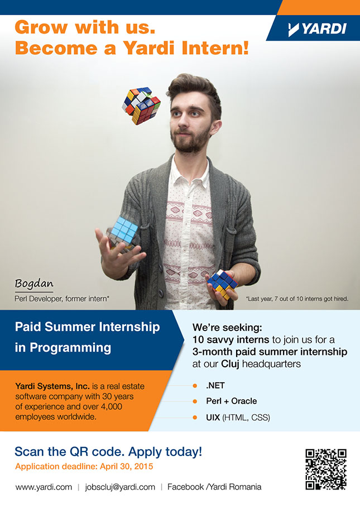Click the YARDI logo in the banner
(x=317, y=29)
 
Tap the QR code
(x=326, y=469)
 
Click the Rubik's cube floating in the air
(x=141, y=105)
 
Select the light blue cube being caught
(x=123, y=233)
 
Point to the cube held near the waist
(x=223, y=284)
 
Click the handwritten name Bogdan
(x=33, y=284)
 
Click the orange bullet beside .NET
(x=195, y=386)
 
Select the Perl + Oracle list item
(x=232, y=401)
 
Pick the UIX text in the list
(x=213, y=417)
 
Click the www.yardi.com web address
(x=44, y=487)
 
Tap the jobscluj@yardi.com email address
(x=120, y=487)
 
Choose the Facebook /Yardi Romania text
(x=214, y=487)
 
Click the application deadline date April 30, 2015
(x=126, y=467)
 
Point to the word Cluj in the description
(x=230, y=364)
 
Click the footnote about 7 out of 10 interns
(x=297, y=299)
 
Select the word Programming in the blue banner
(x=70, y=348)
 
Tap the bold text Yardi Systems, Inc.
(x=52, y=386)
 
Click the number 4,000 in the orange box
(x=111, y=407)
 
